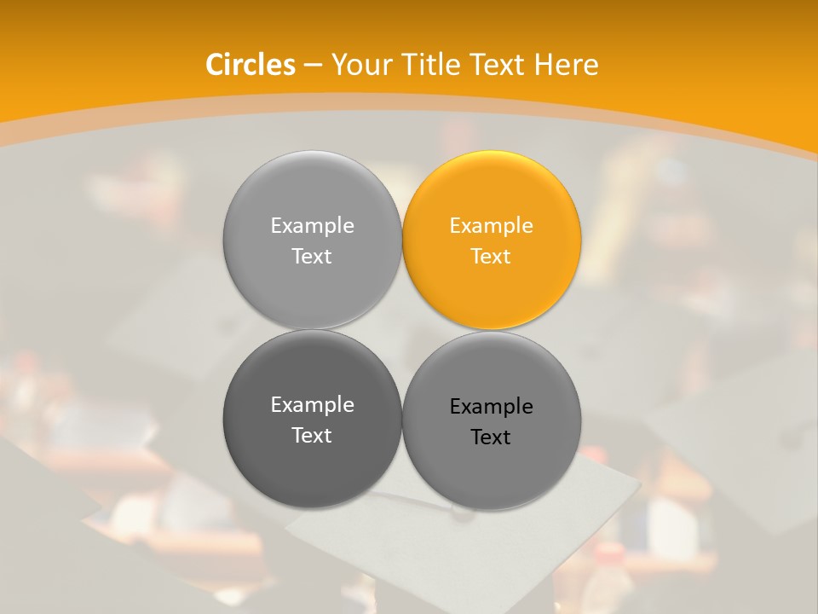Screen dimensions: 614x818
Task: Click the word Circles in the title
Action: (250, 65)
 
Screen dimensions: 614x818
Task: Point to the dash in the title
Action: (313, 66)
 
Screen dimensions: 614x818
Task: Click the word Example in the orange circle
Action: (492, 226)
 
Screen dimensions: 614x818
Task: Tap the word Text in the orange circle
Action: (491, 256)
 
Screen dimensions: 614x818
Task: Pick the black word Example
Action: (492, 407)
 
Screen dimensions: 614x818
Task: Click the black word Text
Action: (491, 437)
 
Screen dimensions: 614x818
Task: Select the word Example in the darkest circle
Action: (312, 405)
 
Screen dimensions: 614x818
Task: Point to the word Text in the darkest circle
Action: (312, 435)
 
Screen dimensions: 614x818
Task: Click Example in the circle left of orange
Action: (312, 226)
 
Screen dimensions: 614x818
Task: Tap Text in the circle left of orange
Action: (312, 256)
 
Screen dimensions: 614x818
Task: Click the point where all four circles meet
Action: (402, 330)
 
